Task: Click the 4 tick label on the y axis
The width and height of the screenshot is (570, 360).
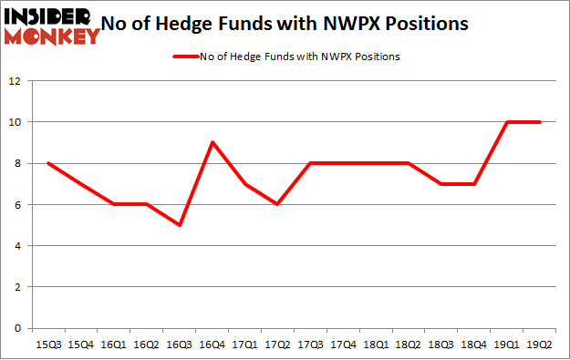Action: (16, 246)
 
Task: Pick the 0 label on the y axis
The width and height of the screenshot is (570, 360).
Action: (16, 328)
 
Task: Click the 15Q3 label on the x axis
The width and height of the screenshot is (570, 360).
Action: (49, 344)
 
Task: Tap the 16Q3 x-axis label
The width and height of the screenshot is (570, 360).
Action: (181, 344)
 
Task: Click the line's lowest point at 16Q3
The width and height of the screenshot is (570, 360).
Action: (181, 225)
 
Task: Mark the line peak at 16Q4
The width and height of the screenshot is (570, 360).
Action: (213, 142)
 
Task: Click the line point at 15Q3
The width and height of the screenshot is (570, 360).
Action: (49, 163)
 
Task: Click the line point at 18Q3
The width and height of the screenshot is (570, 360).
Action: (442, 184)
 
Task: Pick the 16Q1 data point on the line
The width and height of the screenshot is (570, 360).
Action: (115, 204)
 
